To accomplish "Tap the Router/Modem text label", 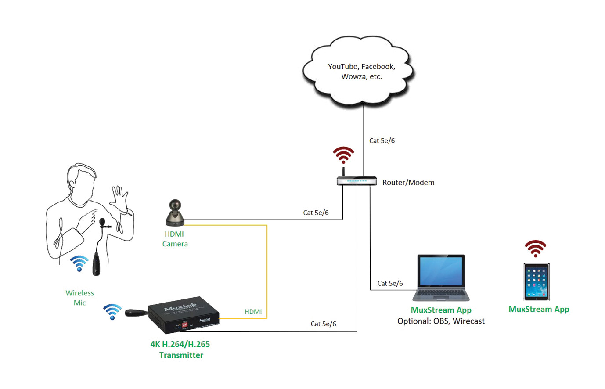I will [408, 183].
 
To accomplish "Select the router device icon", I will [357, 180].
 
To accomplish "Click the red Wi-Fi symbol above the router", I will [343, 155].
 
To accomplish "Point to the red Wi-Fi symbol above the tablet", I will [535, 249].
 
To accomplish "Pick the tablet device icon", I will [537, 281].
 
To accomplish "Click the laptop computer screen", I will [441, 271].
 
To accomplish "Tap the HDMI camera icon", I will [175, 213].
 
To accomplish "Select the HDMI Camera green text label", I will [175, 239].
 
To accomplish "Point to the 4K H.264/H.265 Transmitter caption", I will [180, 349].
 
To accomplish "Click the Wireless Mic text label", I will [80, 298].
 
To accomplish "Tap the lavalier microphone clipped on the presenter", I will [103, 223].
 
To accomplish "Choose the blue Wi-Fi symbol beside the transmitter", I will [112, 311].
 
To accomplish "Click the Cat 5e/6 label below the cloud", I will [382, 141].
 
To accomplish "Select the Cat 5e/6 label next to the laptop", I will [390, 284].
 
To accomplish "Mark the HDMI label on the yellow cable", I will [253, 312].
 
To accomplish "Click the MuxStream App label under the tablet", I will [539, 310].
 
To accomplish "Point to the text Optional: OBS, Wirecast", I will [441, 321].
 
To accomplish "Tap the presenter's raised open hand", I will [118, 200].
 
